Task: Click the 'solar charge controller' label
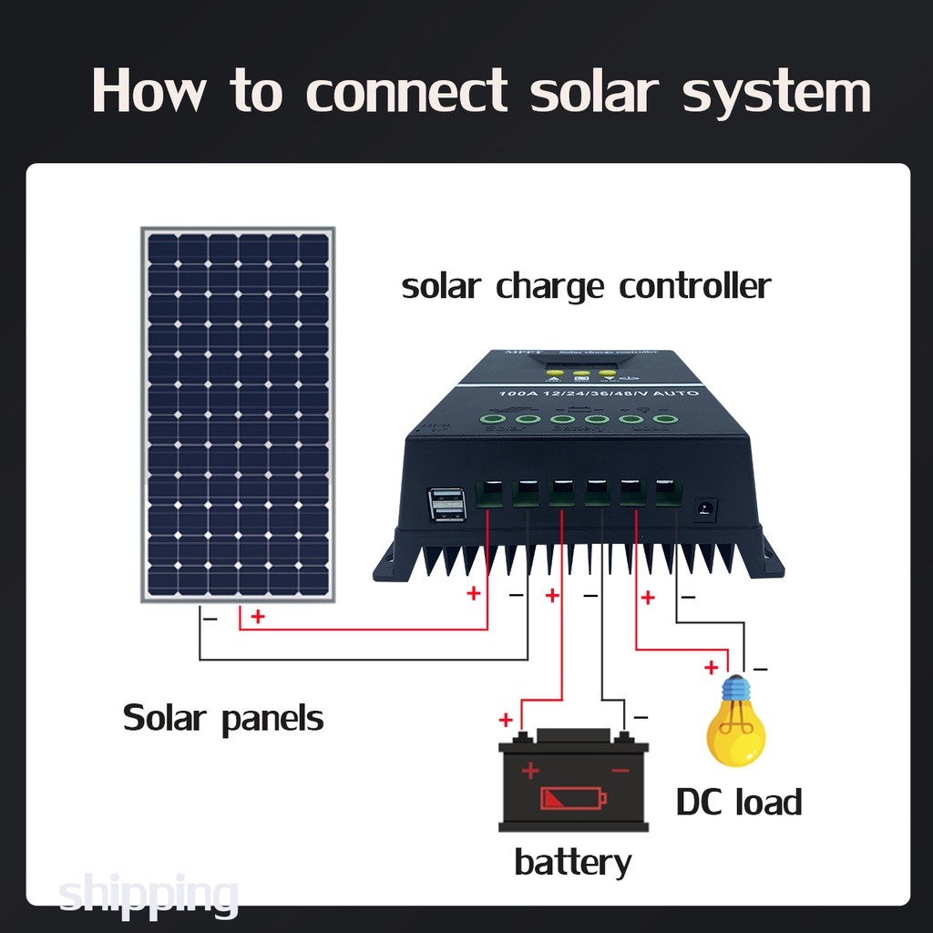[586, 286]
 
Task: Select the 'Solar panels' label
[223, 718]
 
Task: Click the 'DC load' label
[739, 803]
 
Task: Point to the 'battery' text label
[572, 861]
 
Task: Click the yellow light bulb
[736, 723]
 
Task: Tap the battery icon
[573, 782]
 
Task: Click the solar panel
[238, 414]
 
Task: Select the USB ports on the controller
[446, 504]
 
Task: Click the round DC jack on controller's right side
[705, 508]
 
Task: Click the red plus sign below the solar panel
[258, 617]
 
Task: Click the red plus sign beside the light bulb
[711, 668]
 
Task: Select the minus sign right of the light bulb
[761, 669]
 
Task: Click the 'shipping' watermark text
[149, 894]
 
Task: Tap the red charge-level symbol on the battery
[573, 799]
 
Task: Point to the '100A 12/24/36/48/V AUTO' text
[599, 393]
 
